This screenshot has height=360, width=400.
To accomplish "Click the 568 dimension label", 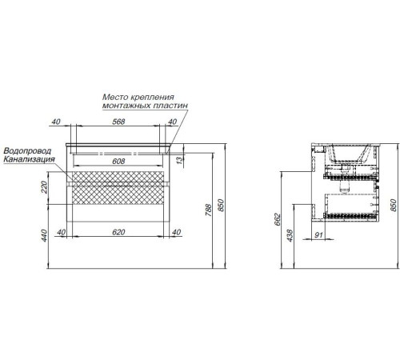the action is (x=118, y=122).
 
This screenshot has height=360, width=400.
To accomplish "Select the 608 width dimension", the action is (x=118, y=161).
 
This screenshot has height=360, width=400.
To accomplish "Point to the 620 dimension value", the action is (x=118, y=232).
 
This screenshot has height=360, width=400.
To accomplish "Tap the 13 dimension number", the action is (x=180, y=160).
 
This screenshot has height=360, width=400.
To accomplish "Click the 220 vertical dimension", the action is (x=44, y=187).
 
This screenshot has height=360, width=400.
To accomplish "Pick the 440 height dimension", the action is (x=44, y=235).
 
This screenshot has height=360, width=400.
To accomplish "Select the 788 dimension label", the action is (x=209, y=210).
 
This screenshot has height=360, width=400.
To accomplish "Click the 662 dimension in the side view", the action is (x=278, y=219).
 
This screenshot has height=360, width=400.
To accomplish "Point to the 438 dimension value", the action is (x=290, y=235).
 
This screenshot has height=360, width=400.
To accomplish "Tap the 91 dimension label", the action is (x=318, y=234).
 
